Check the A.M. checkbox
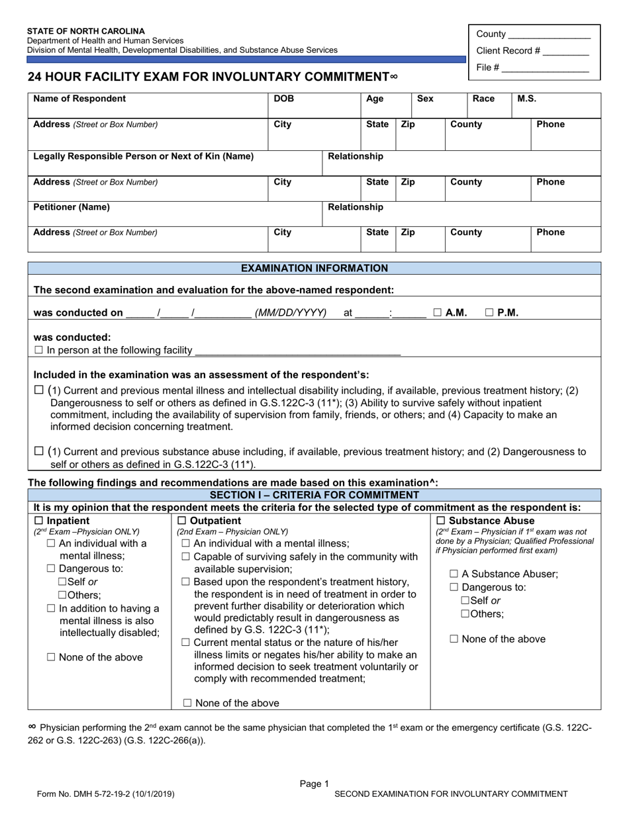tap(438, 312)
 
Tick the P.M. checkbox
tap(489, 312)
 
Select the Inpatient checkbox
tap(38, 521)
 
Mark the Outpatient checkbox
tap(182, 521)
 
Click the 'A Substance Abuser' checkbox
tap(454, 574)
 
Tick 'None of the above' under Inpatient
tap(51, 657)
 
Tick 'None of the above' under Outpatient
tap(187, 703)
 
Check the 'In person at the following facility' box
tap(38, 350)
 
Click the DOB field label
tap(284, 99)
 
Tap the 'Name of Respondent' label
tap(79, 99)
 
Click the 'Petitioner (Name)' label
tap(72, 207)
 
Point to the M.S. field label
tap(526, 99)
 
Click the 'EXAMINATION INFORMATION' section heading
tap(314, 268)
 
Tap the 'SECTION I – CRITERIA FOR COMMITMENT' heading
tap(314, 495)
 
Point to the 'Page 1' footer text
tap(314, 784)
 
